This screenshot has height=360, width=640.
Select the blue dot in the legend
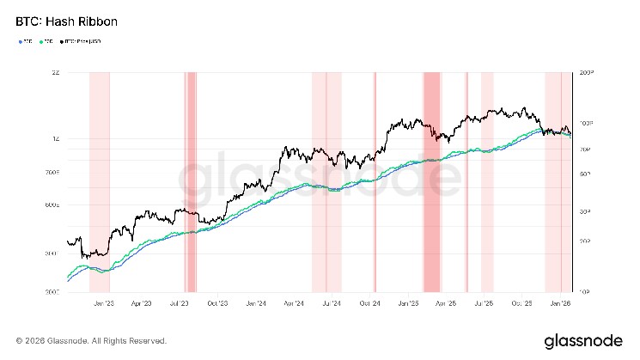point(19,40)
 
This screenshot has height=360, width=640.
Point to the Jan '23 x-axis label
point(104,303)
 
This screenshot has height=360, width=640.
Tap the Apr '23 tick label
point(141,303)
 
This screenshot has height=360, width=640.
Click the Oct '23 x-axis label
point(216,303)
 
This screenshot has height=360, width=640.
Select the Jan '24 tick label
point(255,303)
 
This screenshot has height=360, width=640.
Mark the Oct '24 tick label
point(369,303)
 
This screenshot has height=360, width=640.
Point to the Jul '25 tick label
point(484,303)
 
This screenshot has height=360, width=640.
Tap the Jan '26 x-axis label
point(560,303)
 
